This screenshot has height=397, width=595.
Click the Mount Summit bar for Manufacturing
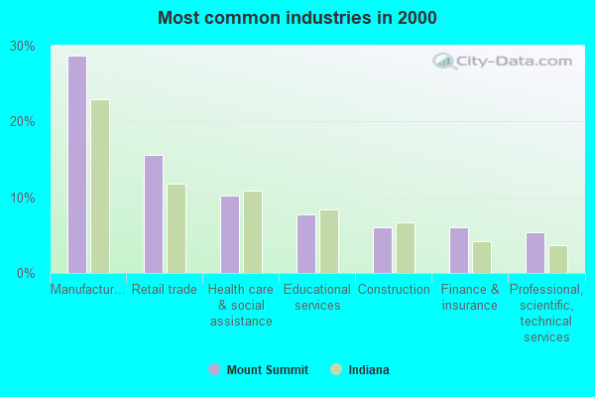coord(77,165)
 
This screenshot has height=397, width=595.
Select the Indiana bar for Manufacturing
coord(100,187)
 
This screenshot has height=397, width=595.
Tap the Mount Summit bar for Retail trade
coord(154,214)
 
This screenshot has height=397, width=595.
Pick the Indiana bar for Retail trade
coord(177,228)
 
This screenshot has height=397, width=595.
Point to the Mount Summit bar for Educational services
coord(306,244)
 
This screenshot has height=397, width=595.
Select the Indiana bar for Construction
coord(406,248)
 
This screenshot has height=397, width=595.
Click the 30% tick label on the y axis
coord(23,47)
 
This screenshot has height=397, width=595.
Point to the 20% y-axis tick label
coord(23,122)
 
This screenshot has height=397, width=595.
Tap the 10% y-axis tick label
coord(23,198)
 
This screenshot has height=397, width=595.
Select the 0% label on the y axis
coord(27,273)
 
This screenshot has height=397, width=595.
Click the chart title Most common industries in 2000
coord(297,18)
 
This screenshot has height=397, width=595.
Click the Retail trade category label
coord(165,290)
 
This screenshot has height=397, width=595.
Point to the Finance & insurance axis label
coord(470,298)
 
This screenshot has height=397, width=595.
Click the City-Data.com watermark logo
coord(504,61)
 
